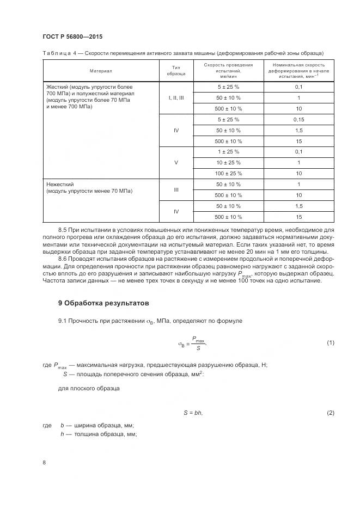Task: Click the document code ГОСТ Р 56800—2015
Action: [72, 36]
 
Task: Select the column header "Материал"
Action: [100, 71]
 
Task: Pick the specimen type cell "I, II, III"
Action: [176, 98]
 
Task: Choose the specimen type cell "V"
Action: [176, 162]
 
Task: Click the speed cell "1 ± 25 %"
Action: [228, 151]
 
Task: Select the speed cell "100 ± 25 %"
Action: [228, 173]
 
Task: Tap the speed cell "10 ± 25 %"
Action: [228, 162]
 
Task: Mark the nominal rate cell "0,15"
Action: [298, 119]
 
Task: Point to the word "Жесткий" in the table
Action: [58, 87]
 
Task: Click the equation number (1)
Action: [330, 342]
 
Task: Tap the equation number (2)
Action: [330, 413]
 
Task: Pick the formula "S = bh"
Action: [193, 413]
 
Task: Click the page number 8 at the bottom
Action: [44, 462]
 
